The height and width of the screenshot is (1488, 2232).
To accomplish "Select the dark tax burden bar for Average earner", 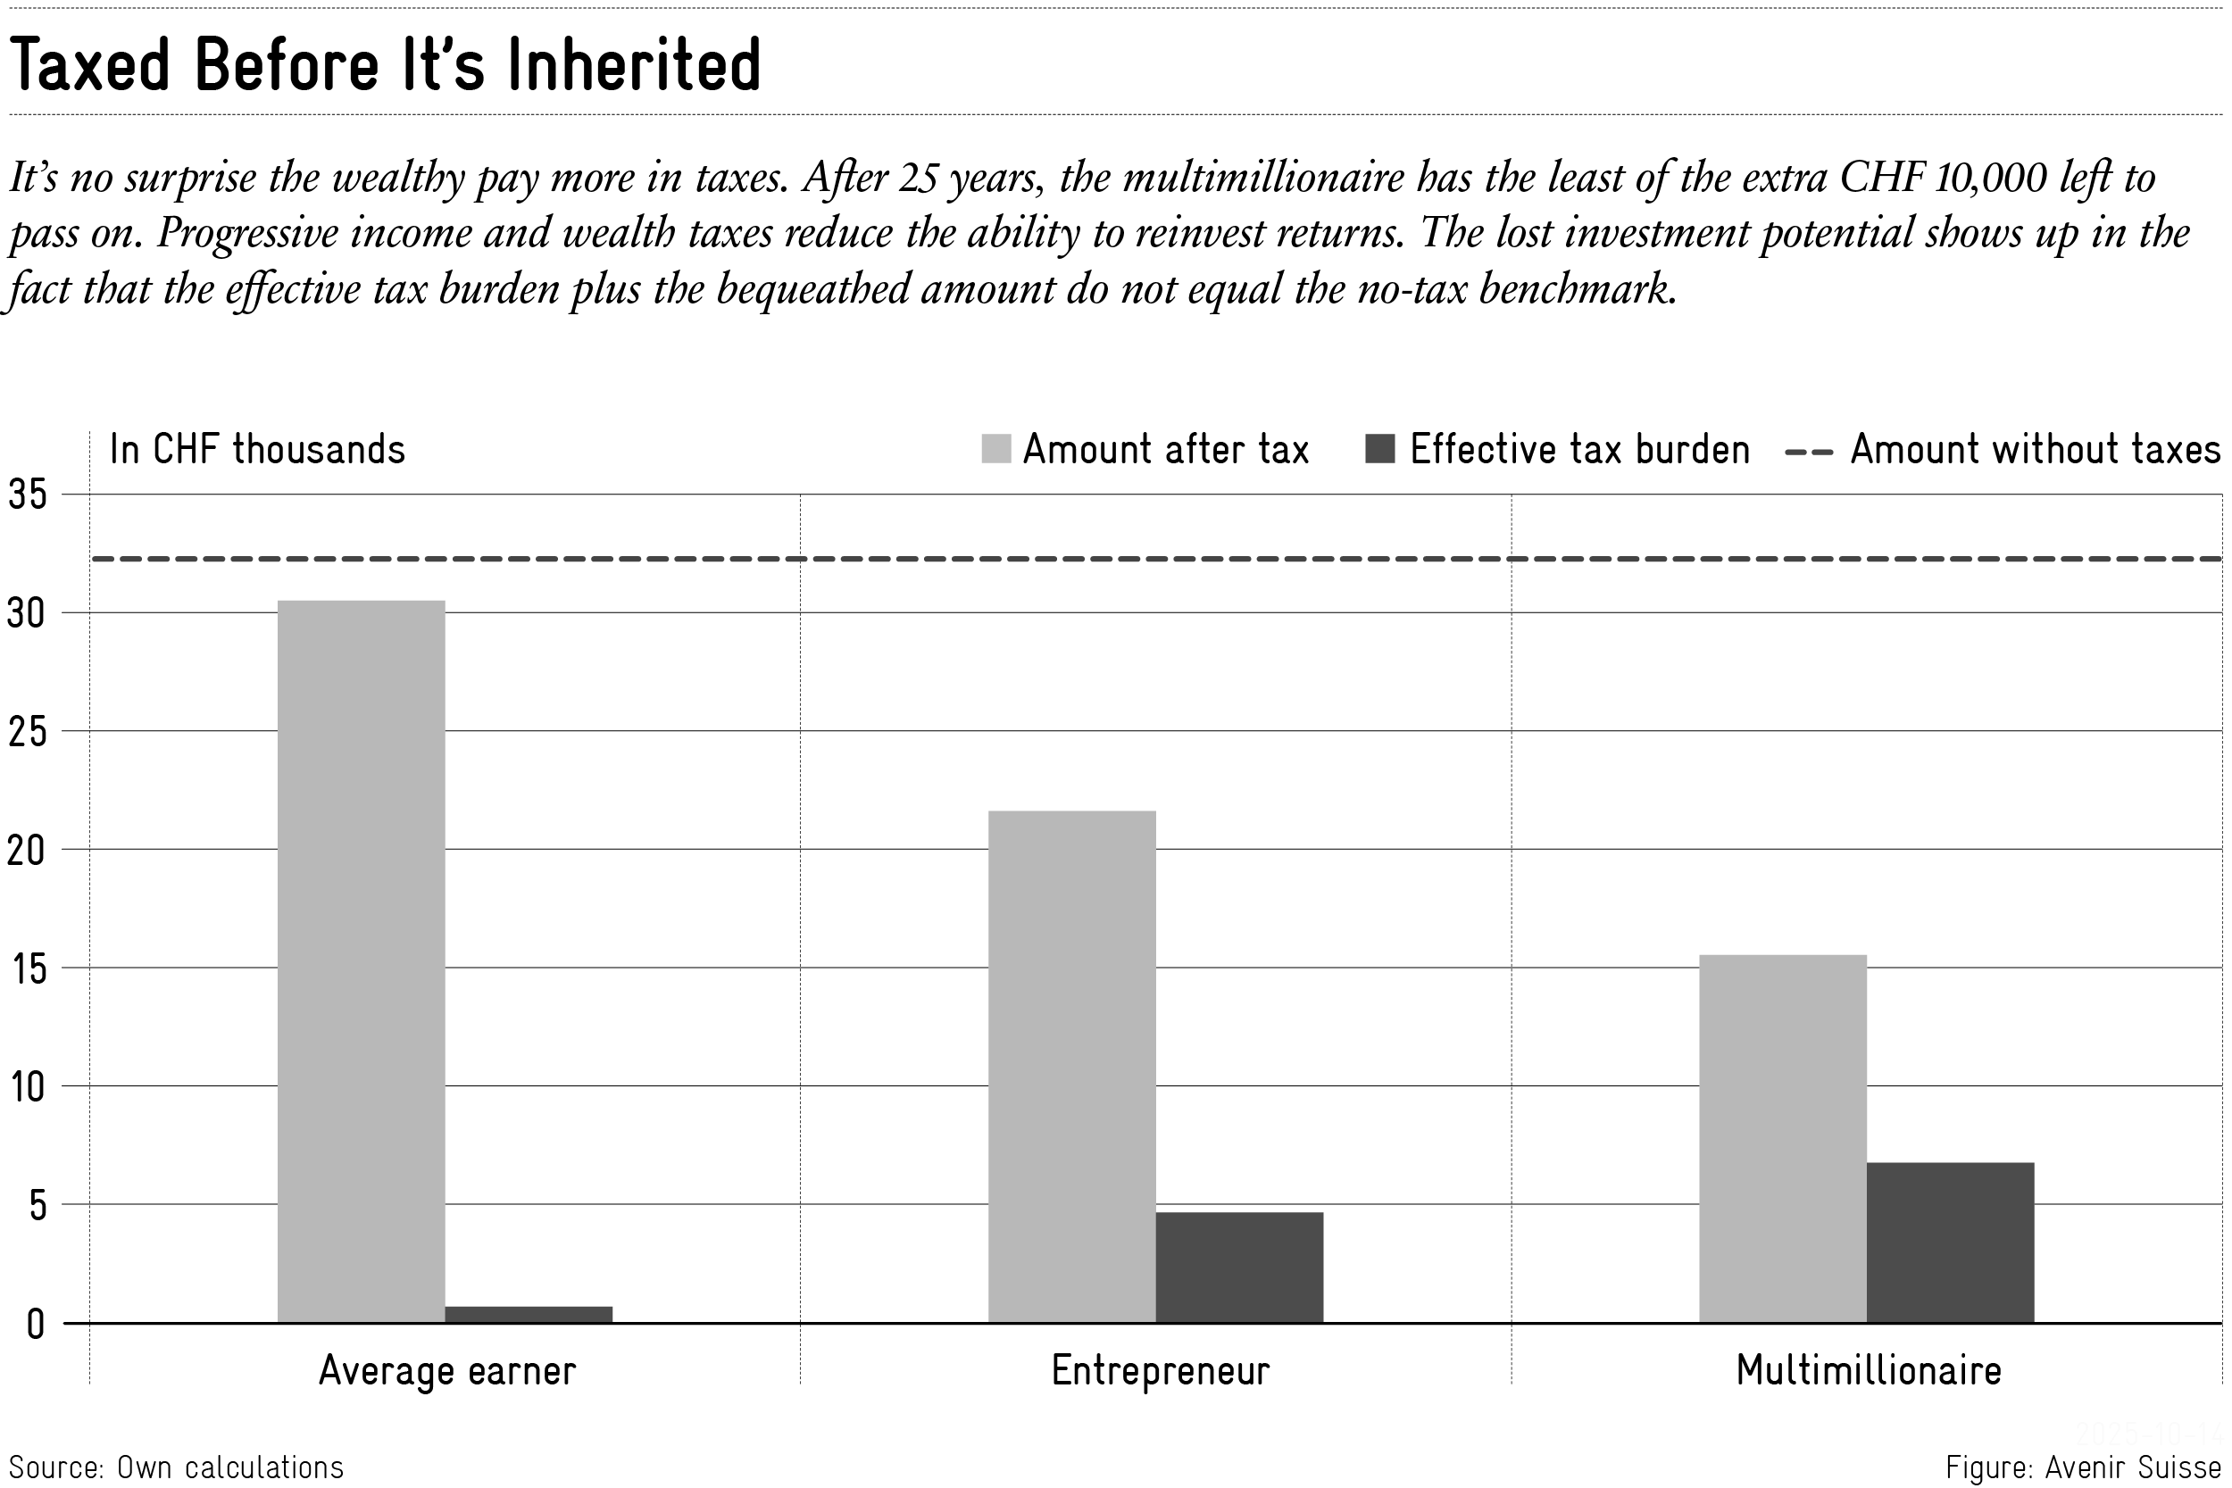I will click(x=529, y=1314).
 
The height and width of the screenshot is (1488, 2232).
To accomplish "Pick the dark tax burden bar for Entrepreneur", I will click(x=1238, y=1267).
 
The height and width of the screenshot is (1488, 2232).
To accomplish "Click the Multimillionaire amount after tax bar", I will click(x=1782, y=1138).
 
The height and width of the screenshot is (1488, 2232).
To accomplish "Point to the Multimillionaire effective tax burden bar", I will click(x=1949, y=1243).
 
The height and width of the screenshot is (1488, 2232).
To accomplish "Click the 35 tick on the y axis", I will click(x=27, y=495).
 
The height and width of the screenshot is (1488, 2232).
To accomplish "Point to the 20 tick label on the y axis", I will click(x=27, y=851).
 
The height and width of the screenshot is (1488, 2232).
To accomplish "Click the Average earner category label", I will click(x=447, y=1370).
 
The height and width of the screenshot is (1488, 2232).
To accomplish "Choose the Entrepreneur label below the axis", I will click(x=1160, y=1370).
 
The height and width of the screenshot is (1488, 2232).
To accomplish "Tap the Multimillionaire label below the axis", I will click(x=1869, y=1370).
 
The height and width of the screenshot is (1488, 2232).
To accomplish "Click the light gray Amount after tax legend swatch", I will click(x=995, y=449).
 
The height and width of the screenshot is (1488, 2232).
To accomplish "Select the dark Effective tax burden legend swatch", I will click(x=1378, y=449).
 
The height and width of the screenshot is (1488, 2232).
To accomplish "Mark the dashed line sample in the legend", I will click(x=1808, y=452).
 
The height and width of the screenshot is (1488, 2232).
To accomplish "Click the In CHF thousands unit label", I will click(x=257, y=449).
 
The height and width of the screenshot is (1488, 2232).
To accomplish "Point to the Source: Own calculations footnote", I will click(x=177, y=1467).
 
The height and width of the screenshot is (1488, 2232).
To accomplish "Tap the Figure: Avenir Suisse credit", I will click(x=2083, y=1467).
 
